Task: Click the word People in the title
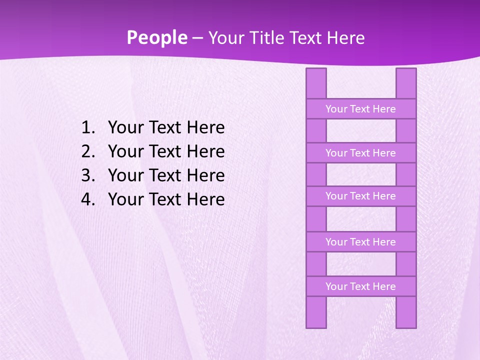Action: click(x=156, y=38)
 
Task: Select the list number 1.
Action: click(x=87, y=128)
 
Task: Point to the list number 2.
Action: click(x=87, y=151)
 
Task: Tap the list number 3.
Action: click(x=87, y=175)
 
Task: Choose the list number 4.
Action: click(x=87, y=199)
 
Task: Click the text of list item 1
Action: click(x=166, y=128)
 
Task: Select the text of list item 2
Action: click(x=166, y=151)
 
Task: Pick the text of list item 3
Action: click(x=166, y=175)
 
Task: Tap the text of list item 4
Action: click(x=166, y=199)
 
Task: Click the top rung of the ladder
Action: click(x=360, y=109)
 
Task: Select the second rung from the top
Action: click(x=360, y=153)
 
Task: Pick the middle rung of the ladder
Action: click(x=360, y=196)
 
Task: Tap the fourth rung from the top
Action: click(x=360, y=242)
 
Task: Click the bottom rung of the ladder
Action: click(x=360, y=286)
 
